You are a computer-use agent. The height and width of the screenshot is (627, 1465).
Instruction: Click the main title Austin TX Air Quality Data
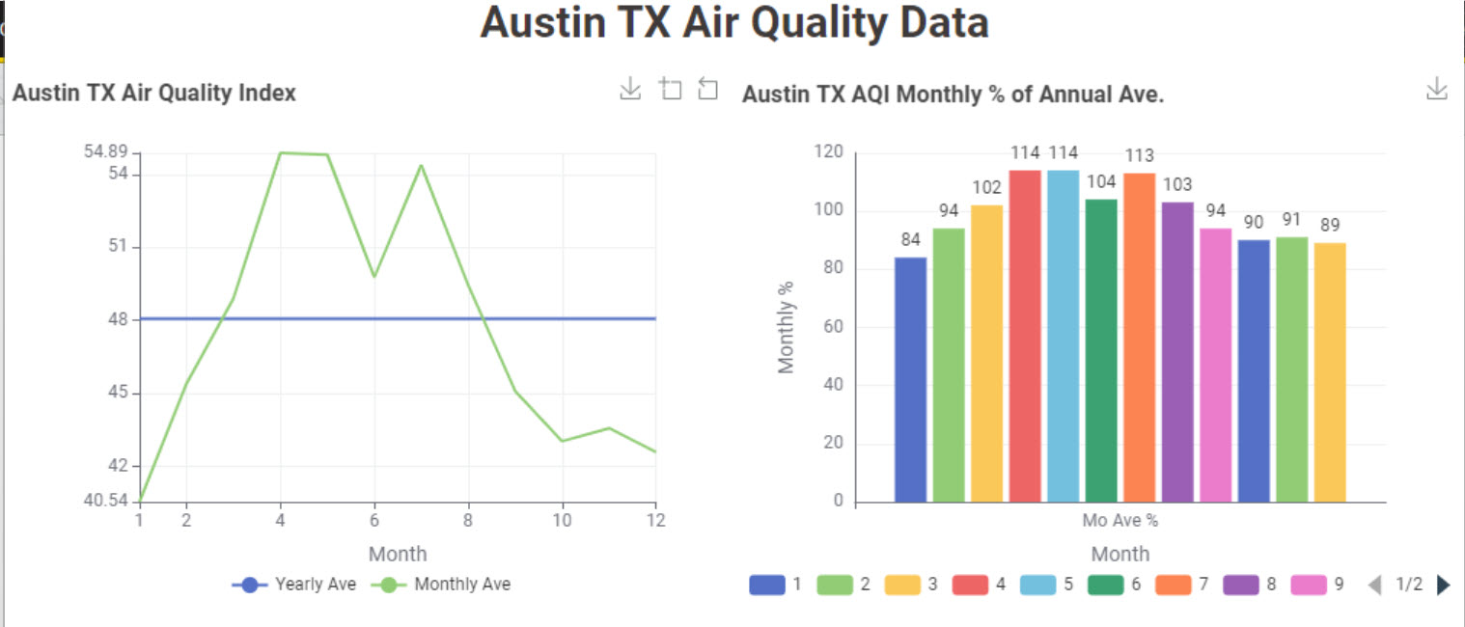click(x=734, y=23)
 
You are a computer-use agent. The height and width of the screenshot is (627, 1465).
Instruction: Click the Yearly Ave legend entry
click(x=294, y=584)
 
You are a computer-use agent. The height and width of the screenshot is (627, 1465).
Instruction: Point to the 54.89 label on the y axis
click(x=106, y=151)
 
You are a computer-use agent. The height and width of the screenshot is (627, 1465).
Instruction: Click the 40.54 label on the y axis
click(x=106, y=501)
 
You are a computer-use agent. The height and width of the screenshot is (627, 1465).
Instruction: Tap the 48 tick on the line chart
click(x=120, y=319)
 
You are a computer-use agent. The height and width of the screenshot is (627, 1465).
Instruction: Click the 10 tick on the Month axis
click(x=562, y=521)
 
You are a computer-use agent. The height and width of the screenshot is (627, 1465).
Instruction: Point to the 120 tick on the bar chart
click(x=828, y=152)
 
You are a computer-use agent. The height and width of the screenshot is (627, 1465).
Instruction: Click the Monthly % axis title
click(x=787, y=327)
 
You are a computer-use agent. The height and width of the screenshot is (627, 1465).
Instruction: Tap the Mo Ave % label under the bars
click(x=1119, y=521)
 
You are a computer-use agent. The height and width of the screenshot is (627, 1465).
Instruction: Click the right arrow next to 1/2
click(x=1444, y=585)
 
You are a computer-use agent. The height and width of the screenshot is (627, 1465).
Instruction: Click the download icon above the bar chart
click(x=1436, y=90)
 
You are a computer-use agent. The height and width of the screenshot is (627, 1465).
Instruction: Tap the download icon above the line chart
click(x=629, y=89)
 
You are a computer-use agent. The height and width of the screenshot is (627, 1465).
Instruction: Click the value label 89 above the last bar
click(x=1330, y=226)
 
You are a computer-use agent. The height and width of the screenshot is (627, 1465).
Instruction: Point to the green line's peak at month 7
click(x=421, y=165)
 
